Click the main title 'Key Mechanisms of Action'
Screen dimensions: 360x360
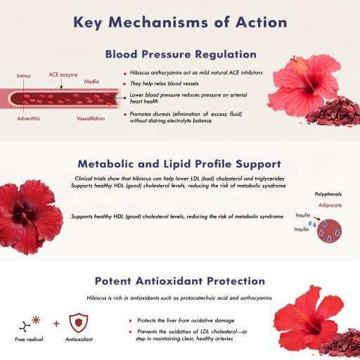180,22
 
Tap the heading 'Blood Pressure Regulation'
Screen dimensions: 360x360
180,53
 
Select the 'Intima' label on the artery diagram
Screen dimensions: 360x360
23,75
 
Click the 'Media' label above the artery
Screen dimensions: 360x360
92,82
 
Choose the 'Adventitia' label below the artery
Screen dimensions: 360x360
29,118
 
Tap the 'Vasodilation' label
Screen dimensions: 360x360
91,118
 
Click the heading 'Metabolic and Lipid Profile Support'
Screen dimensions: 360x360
180,163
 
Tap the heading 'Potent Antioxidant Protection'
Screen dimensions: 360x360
180,281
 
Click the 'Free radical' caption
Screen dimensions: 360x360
29,340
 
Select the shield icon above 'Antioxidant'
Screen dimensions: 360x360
79,323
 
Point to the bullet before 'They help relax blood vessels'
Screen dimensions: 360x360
124,82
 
